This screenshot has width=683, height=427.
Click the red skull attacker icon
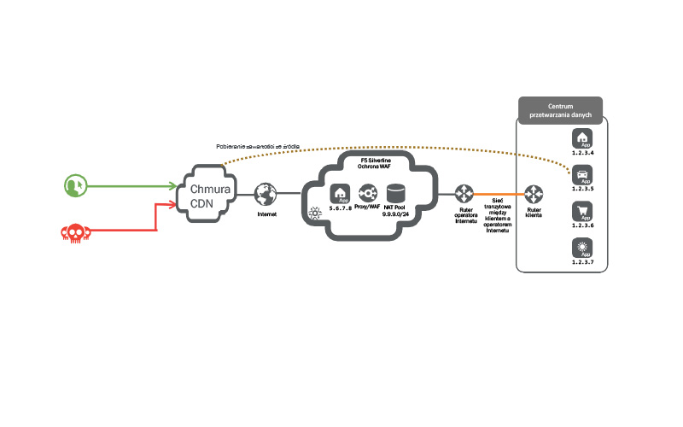[74, 231]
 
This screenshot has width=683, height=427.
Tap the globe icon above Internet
[266, 195]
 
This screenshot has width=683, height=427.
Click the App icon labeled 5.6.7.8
[340, 194]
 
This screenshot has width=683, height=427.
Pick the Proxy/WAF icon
[367, 194]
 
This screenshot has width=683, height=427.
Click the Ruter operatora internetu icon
[464, 194]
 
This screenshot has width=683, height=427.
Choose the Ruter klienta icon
[534, 194]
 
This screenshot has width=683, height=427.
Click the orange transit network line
[499, 194]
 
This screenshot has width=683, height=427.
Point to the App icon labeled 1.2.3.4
[583, 138]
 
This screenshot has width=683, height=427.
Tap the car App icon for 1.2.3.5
[583, 175]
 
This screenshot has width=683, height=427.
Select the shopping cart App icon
[583, 212]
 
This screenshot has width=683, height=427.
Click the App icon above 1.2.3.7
[583, 249]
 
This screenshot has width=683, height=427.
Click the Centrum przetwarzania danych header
[560, 108]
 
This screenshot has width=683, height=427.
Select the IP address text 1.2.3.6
[583, 226]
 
